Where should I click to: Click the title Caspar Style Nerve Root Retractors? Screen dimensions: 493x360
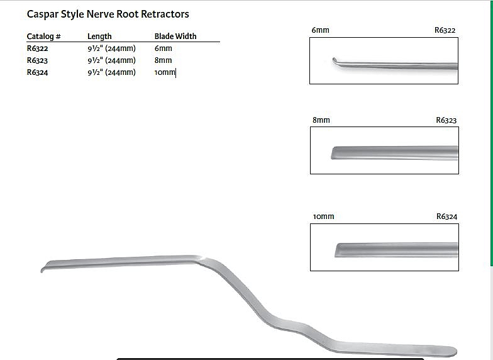coord(108,14)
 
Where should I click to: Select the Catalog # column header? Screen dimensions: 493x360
coord(44,37)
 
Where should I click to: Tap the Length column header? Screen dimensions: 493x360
coord(99,37)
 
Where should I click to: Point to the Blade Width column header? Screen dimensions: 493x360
coord(175,37)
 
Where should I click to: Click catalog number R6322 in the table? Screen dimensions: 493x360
coord(38,48)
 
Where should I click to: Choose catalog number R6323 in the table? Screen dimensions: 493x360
coord(38,60)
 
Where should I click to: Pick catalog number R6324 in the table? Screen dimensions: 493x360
coord(38,72)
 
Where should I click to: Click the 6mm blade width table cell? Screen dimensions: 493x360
coord(163,48)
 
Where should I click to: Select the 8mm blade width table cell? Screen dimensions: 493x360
coord(163,60)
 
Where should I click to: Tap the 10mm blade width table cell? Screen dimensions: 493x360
coord(165,72)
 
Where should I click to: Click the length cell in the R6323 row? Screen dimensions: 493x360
coord(112,60)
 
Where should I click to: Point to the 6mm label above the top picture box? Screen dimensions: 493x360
coord(321,30)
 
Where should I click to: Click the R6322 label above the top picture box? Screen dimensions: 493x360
coord(445,30)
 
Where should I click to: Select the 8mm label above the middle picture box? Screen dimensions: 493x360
coord(321,120)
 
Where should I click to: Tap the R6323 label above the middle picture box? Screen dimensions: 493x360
coord(446,120)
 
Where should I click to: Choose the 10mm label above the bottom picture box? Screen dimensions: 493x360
coord(323,217)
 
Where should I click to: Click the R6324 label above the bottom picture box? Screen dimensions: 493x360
coord(446,217)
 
